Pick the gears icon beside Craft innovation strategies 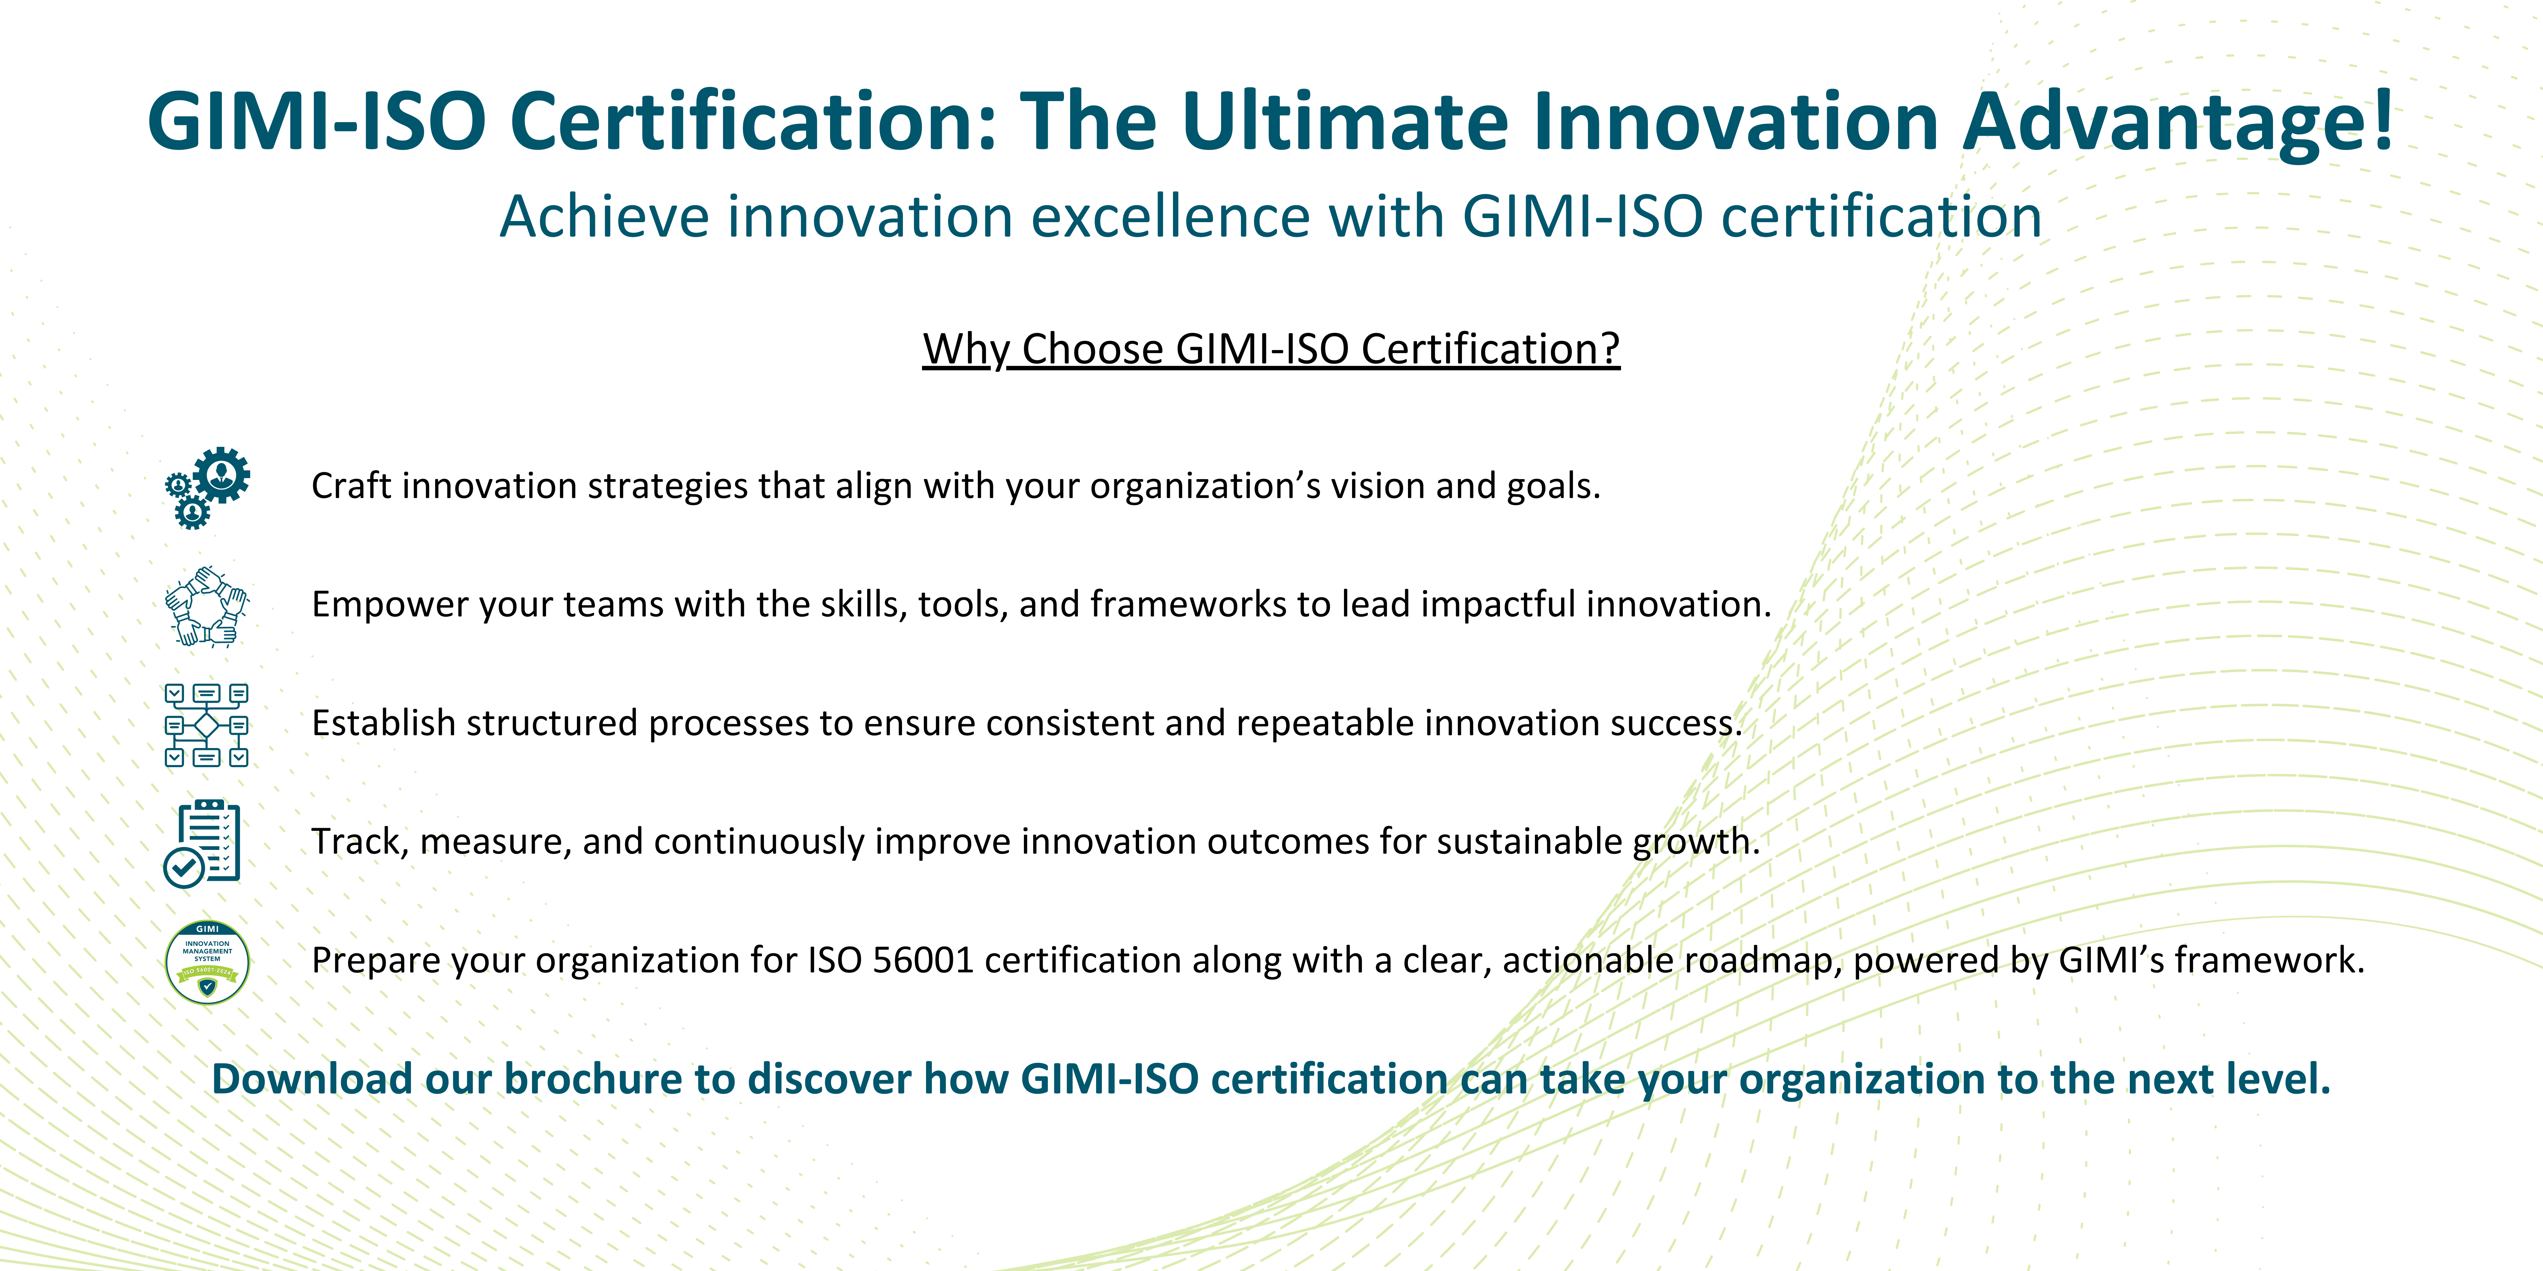pos(207,488)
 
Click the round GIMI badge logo pos(207,962)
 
